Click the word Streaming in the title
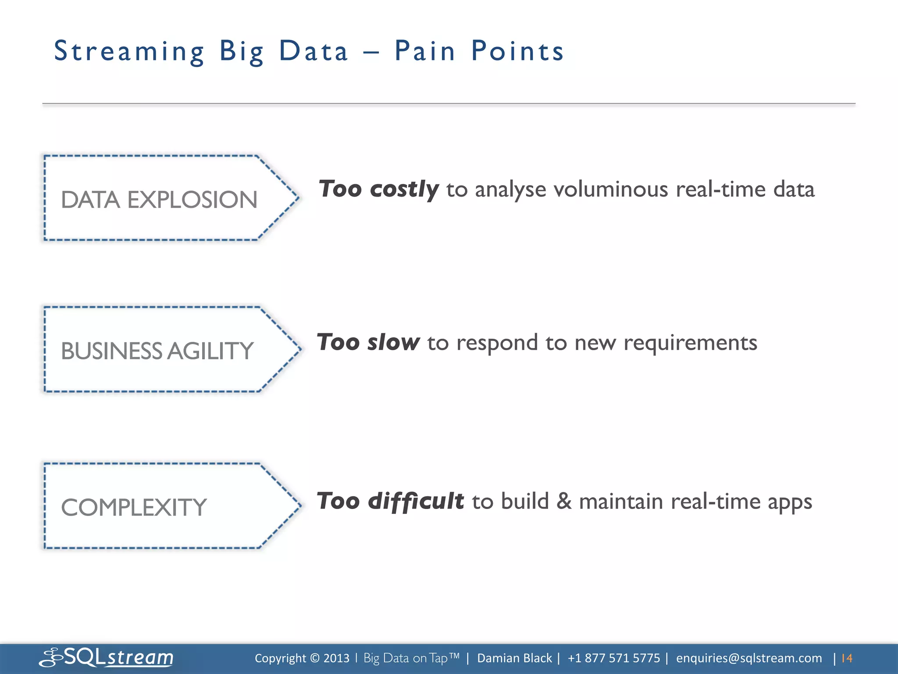tap(129, 52)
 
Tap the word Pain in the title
tap(424, 51)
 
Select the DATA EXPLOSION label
tap(159, 200)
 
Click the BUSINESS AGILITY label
tap(157, 351)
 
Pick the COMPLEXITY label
tap(133, 508)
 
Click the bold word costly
tap(404, 190)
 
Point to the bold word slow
tap(393, 342)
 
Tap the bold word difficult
tap(415, 501)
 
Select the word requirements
tap(690, 342)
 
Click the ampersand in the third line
tap(564, 501)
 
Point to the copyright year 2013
tap(336, 658)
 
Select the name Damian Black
tap(514, 658)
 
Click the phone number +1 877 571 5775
tap(613, 658)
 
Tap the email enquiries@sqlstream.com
tap(749, 658)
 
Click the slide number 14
tap(847, 658)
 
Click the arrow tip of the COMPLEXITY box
tap(299, 505)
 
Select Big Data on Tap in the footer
tap(411, 658)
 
